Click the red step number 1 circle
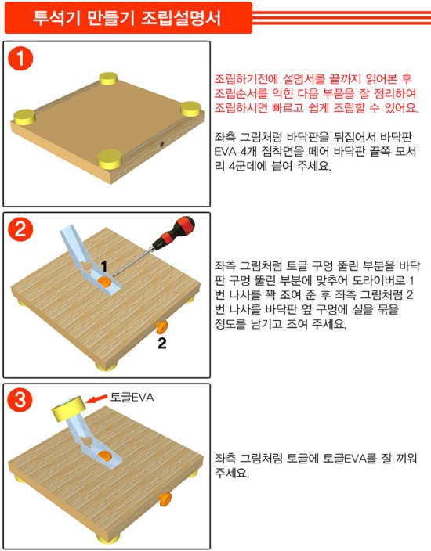click(x=20, y=58)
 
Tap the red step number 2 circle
click(x=20, y=229)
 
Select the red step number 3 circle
click(x=20, y=399)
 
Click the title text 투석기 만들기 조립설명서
click(x=127, y=17)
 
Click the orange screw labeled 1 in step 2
click(x=104, y=282)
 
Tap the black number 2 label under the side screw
click(x=162, y=343)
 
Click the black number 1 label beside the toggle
click(x=103, y=266)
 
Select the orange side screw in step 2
click(x=162, y=327)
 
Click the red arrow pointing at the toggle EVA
click(x=96, y=398)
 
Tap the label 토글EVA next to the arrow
click(x=132, y=398)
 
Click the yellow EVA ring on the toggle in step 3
click(x=69, y=409)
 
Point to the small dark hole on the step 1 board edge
click(x=162, y=144)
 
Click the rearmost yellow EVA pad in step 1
click(x=108, y=79)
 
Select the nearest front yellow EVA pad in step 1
click(x=110, y=159)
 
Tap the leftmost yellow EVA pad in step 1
click(x=24, y=117)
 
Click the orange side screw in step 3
click(x=165, y=499)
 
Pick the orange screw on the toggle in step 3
click(x=104, y=456)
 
